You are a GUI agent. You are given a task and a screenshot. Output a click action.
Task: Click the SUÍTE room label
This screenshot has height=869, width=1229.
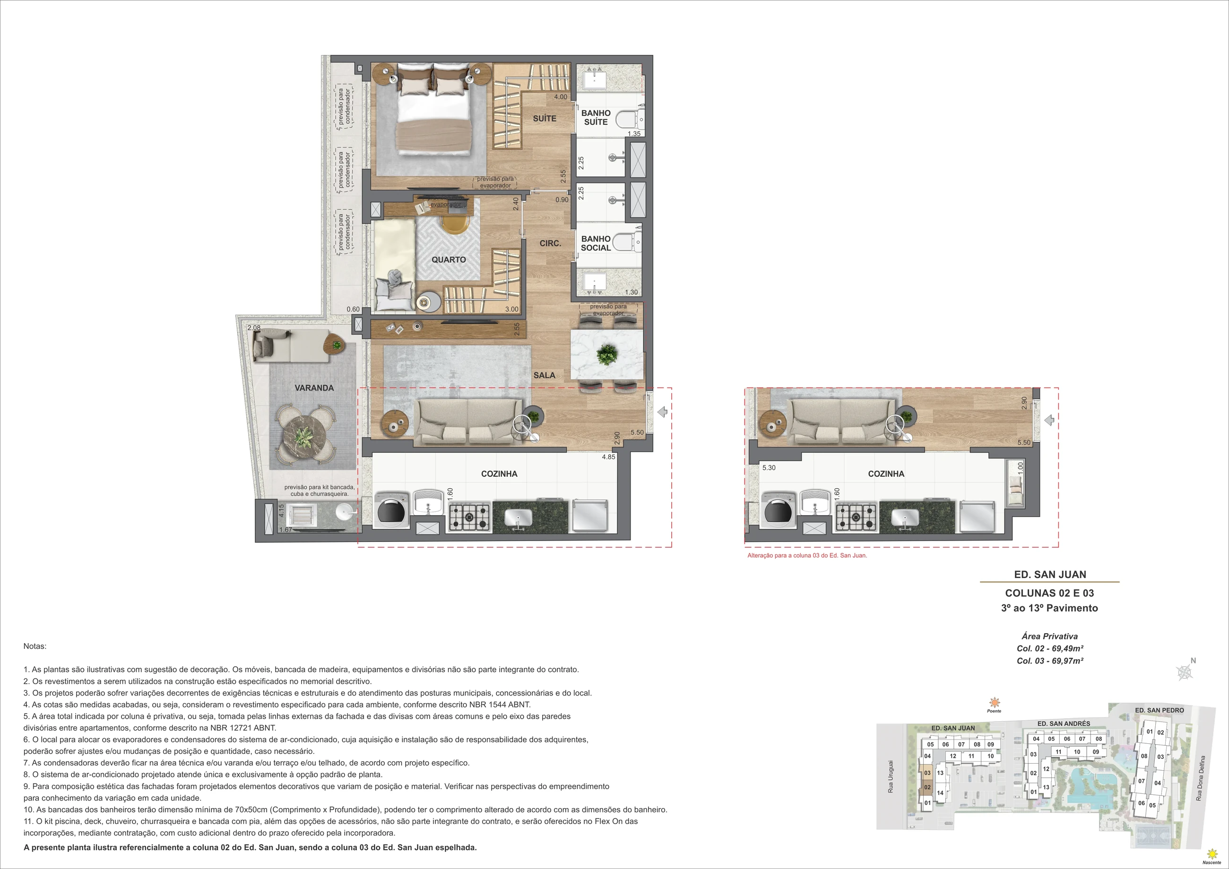coord(545,118)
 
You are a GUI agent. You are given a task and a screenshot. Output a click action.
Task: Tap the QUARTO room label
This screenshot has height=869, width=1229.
coord(449,259)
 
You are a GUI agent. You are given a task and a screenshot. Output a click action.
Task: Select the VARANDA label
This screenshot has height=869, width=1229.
coord(314,388)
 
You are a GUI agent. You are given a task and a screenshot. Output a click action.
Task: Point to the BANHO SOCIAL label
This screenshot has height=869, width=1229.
coord(596,243)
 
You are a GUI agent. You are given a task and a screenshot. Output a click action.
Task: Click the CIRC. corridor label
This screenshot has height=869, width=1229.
coord(550,243)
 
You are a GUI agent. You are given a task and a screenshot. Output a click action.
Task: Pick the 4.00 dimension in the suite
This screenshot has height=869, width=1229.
coord(561,97)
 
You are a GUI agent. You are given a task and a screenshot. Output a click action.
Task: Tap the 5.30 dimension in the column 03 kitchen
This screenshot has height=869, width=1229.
coord(769,468)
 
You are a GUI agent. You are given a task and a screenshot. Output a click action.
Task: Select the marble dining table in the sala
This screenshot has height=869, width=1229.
coord(607,355)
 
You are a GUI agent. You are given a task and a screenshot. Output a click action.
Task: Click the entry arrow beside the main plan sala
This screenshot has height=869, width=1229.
coord(662,412)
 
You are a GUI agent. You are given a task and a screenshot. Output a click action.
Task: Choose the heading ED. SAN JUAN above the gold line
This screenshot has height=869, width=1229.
coord(1050,575)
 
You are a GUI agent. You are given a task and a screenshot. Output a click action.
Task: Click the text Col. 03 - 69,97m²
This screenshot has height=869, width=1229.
coord(1050,661)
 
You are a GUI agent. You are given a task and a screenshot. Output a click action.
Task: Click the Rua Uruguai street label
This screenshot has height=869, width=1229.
coord(890,776)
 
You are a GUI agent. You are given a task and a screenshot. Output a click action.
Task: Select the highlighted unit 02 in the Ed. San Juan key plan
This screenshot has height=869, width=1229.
coord(927,787)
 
